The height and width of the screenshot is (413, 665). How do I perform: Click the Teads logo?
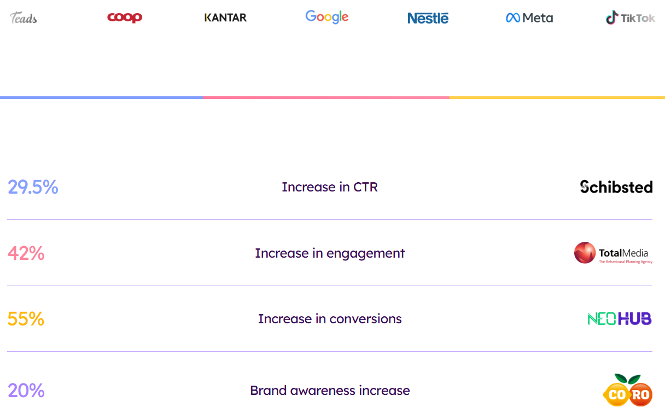click(24, 18)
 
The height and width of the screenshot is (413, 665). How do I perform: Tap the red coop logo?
click(125, 17)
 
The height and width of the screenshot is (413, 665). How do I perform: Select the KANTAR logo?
click(226, 18)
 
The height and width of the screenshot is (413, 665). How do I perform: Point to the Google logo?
click(327, 17)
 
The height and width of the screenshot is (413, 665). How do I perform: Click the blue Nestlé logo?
click(428, 18)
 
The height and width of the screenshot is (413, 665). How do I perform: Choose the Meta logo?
click(529, 18)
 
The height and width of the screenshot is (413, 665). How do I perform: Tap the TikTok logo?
click(630, 18)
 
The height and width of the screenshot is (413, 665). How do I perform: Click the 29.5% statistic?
click(33, 187)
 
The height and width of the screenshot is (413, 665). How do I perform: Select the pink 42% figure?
click(26, 253)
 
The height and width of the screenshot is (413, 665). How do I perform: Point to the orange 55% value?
click(26, 319)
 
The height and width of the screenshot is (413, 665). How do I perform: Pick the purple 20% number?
click(26, 391)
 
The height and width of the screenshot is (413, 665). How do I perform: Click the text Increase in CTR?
click(330, 187)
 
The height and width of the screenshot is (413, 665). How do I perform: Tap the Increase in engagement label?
click(330, 253)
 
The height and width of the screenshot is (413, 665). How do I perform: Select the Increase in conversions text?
click(330, 319)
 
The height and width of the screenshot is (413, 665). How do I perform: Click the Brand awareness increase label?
click(330, 391)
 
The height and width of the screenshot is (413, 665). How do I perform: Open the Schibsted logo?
click(616, 187)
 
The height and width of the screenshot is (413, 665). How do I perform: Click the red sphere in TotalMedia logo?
click(585, 253)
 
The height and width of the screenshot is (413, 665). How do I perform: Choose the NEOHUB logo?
click(620, 319)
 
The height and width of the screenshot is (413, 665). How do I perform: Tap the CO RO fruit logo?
click(628, 390)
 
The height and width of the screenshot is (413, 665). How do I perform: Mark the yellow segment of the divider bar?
click(557, 98)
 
